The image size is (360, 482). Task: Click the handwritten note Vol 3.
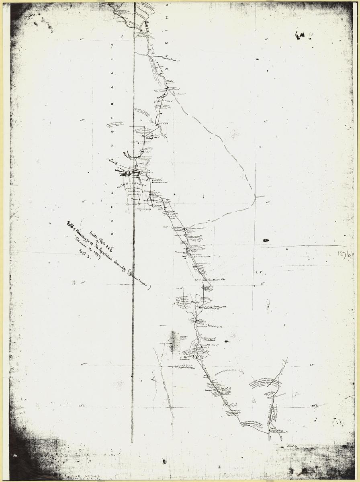click(x=80, y=252)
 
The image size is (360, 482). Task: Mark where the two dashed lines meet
click(x=255, y=197)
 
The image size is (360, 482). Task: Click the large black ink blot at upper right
click(x=299, y=36)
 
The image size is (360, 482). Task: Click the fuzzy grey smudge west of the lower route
click(x=173, y=341)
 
